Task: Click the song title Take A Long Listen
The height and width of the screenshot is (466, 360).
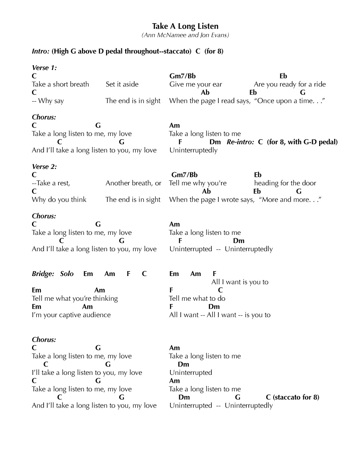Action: (x=185, y=26)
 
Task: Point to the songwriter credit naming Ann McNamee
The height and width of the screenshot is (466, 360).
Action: (x=185, y=35)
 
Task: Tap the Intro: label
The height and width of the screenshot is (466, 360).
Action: (x=41, y=51)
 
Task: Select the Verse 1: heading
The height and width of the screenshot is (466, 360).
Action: (x=44, y=68)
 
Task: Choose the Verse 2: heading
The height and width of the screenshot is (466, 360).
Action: (x=44, y=166)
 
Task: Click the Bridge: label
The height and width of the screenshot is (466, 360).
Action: (x=43, y=274)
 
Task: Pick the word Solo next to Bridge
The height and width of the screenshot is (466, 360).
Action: (x=67, y=274)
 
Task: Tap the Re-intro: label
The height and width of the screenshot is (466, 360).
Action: (x=240, y=142)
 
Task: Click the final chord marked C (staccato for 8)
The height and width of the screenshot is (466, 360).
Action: (x=292, y=397)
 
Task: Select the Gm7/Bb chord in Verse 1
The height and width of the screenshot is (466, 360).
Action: (x=182, y=76)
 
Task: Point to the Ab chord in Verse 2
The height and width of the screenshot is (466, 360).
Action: (x=206, y=191)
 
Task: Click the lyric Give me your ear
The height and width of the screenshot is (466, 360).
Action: (x=196, y=84)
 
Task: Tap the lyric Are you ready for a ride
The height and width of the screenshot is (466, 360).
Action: (x=290, y=84)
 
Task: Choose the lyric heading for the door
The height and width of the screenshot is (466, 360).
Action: (x=285, y=183)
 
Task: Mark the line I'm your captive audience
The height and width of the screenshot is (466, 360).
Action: (x=71, y=315)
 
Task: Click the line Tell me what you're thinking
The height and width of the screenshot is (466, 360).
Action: (x=75, y=298)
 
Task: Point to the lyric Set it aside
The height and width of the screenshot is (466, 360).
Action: (x=122, y=84)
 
